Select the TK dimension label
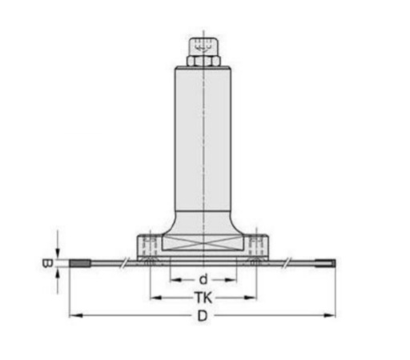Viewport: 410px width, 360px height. (203, 298)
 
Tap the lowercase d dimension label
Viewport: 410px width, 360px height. (203, 280)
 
